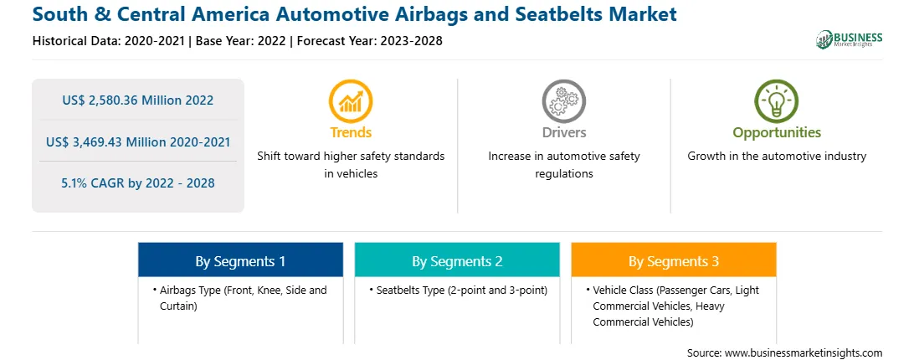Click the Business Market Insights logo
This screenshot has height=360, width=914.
(850, 39)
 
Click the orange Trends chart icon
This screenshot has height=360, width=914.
(351, 101)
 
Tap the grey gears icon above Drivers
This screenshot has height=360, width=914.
(563, 101)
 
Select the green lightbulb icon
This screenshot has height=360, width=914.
(777, 101)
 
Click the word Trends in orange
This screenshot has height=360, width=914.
(351, 132)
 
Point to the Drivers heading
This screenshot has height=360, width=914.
(564, 132)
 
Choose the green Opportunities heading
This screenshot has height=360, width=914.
(777, 133)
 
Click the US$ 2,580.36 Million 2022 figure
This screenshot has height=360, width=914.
(138, 100)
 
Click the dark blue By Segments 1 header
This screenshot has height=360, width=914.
(241, 260)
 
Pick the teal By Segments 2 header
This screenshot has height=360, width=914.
(457, 260)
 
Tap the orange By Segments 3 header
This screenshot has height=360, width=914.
(674, 260)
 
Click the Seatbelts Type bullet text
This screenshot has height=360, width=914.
(458, 290)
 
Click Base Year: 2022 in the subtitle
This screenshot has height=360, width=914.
(241, 41)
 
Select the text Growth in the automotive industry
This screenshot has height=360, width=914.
(777, 156)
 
